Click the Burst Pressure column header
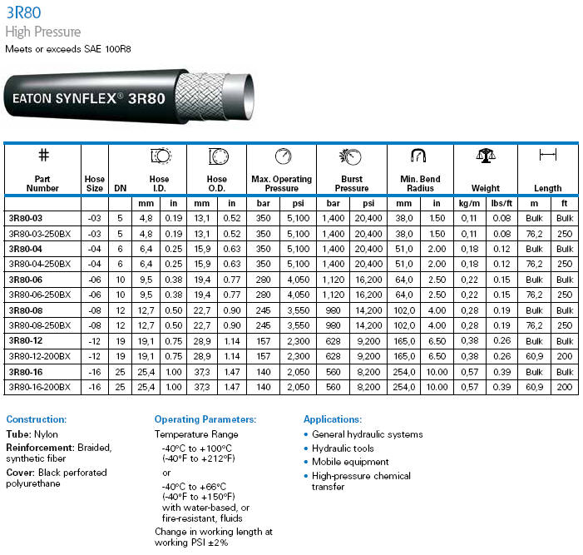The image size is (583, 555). [352, 183]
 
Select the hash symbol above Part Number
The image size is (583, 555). [43, 156]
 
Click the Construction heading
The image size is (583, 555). [36, 419]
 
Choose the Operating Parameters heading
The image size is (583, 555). [205, 419]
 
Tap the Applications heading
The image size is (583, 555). [333, 419]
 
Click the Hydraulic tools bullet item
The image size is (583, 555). [343, 448]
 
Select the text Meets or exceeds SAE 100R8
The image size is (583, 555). [68, 49]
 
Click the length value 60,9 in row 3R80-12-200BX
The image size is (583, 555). [534, 355]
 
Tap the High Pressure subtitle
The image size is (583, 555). [43, 32]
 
